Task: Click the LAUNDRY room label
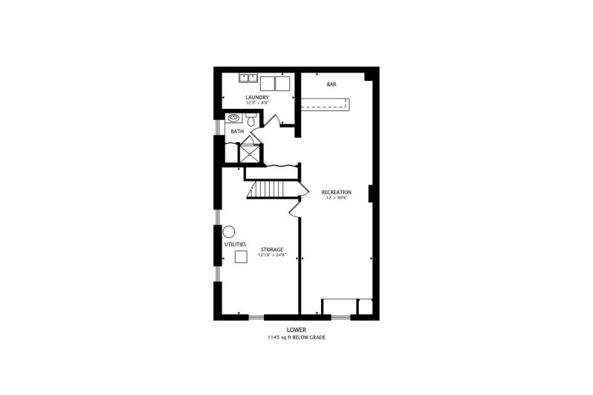(257, 97)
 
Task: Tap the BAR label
(331, 84)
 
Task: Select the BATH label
(237, 131)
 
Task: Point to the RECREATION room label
(337, 193)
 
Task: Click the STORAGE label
(272, 250)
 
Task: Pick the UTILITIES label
(235, 245)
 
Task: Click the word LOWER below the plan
(296, 330)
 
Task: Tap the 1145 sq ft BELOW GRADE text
(296, 337)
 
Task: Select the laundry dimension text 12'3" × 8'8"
(257, 102)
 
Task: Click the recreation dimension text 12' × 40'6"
(337, 197)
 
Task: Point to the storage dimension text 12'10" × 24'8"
(272, 255)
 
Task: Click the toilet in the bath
(251, 119)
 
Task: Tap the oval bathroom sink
(234, 118)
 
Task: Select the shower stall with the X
(250, 153)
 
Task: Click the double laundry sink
(248, 78)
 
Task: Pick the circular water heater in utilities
(229, 231)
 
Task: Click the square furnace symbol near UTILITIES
(241, 256)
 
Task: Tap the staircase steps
(271, 189)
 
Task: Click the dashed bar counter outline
(325, 104)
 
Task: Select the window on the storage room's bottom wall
(256, 317)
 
